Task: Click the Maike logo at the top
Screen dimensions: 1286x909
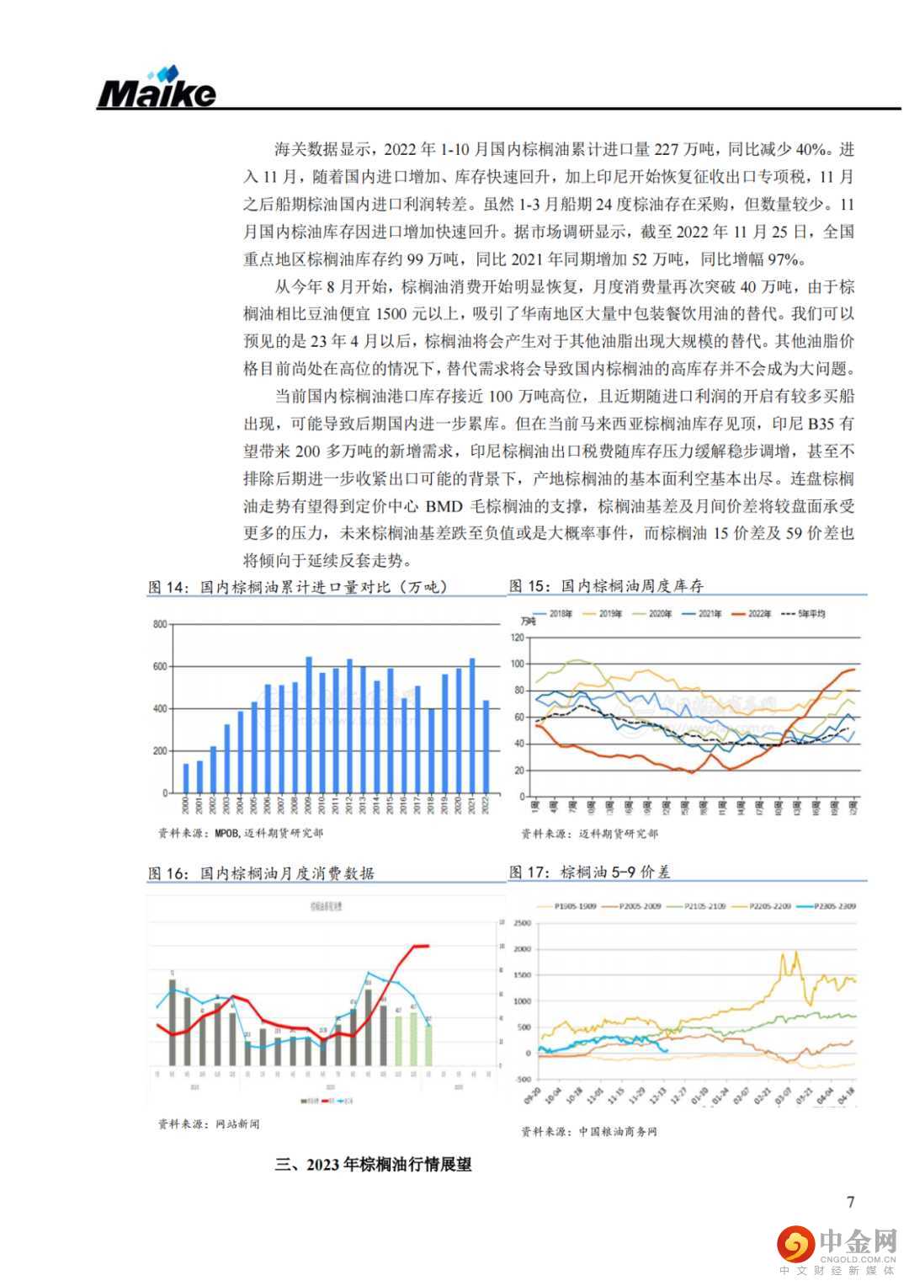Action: (157, 89)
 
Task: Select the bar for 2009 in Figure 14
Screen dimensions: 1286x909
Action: (308, 724)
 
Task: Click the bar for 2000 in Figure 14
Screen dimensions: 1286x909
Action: (186, 777)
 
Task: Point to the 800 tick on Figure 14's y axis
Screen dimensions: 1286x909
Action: (160, 624)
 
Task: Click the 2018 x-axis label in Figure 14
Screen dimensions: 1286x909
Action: (432, 805)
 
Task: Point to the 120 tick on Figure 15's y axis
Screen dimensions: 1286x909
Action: (518, 638)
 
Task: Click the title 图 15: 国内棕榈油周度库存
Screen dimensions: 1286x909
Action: (606, 585)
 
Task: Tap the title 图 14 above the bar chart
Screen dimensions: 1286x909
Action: (298, 586)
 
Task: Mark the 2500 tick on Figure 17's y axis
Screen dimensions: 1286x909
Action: (522, 923)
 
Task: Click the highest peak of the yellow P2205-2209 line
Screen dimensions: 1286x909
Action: (795, 952)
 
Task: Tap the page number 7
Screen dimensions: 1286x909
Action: (850, 1202)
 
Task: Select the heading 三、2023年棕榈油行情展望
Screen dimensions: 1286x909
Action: (373, 1165)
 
